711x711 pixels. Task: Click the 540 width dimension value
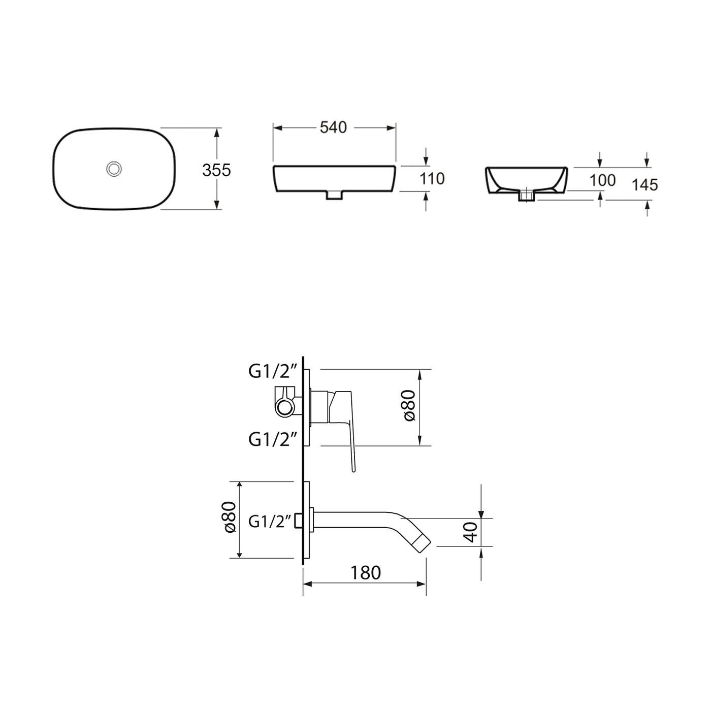333,127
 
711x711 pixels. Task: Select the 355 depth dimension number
216,170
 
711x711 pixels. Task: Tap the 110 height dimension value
432,179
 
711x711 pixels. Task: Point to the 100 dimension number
602,180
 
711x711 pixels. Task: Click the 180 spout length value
365,573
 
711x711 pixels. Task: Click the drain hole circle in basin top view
114,169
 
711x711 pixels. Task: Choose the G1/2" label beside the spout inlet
270,522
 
